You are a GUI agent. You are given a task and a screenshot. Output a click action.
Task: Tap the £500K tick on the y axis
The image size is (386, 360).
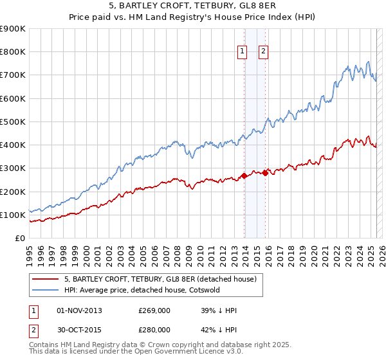pos(13,122)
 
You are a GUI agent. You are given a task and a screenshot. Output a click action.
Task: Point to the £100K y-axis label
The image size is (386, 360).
pos(13,215)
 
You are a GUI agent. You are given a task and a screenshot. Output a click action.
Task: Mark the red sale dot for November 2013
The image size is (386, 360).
pos(244,175)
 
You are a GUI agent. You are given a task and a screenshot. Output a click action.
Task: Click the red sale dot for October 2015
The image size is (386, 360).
pos(266,173)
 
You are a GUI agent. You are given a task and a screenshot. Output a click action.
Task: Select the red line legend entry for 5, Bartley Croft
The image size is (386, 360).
pos(160,279)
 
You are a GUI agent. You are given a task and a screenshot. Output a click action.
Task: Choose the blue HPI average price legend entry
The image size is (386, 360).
pos(142,290)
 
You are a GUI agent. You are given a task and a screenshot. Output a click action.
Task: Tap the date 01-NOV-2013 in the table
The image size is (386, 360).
pos(80,310)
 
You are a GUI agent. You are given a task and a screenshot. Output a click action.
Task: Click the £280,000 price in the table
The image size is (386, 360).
pos(154,330)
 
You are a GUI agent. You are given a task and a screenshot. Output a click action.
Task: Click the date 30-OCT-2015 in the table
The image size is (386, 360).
pos(80,330)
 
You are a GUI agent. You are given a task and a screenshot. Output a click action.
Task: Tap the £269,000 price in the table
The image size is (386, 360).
pos(154,310)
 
